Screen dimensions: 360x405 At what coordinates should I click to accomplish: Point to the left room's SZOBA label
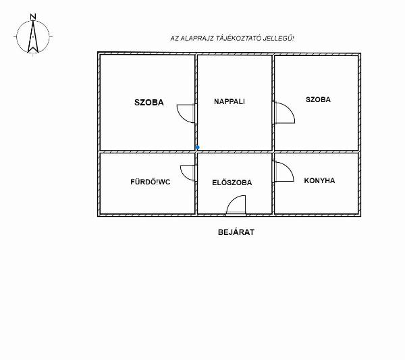click(149, 103)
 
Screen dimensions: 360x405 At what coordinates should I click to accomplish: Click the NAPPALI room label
click(229, 101)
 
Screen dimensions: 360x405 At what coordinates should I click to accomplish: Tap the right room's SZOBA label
click(318, 99)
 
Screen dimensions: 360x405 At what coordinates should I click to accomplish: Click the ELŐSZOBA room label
click(232, 182)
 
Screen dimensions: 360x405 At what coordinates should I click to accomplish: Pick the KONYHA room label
click(319, 180)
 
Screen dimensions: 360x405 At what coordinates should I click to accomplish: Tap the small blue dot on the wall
click(197, 147)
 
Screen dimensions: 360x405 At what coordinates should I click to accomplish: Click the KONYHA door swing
click(282, 172)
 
